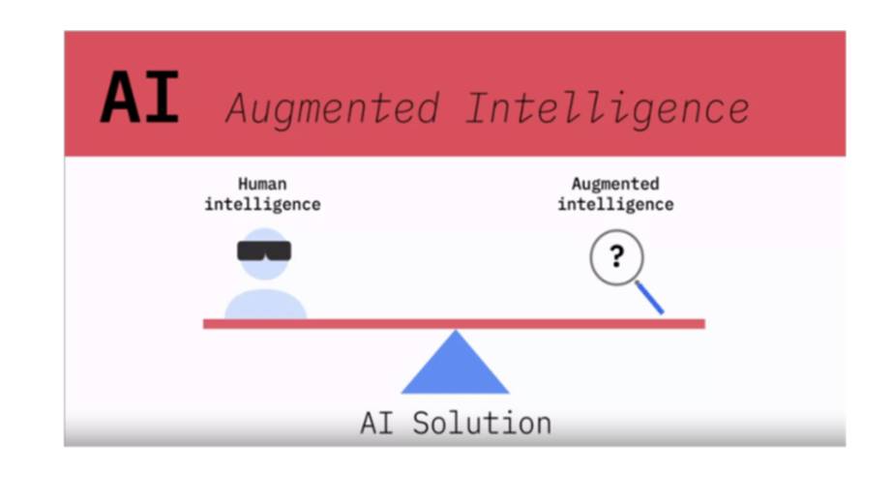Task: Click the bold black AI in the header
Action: coord(140,98)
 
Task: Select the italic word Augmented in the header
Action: coord(333,108)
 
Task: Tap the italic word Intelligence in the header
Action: coord(608,108)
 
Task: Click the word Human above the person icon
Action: coord(262,184)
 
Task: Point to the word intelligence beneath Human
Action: coord(262,204)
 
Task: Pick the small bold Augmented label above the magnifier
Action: coord(615,184)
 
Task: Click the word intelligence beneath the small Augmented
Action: coord(615,204)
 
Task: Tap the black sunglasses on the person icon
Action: coord(264,251)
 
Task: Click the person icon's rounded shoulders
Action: coord(266,306)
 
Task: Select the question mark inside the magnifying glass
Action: coord(616,256)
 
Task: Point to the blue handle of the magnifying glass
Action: coord(650,297)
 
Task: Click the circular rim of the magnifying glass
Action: coord(591,257)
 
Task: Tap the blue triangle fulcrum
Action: coord(455,369)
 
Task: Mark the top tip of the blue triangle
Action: coord(455,330)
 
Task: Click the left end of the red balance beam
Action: coord(204,324)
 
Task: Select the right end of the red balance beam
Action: coord(704,324)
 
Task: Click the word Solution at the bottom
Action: coord(482,424)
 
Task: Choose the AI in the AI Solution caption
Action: coord(376,424)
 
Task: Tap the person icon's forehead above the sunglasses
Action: coord(264,235)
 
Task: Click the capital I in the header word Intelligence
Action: coord(479,107)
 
